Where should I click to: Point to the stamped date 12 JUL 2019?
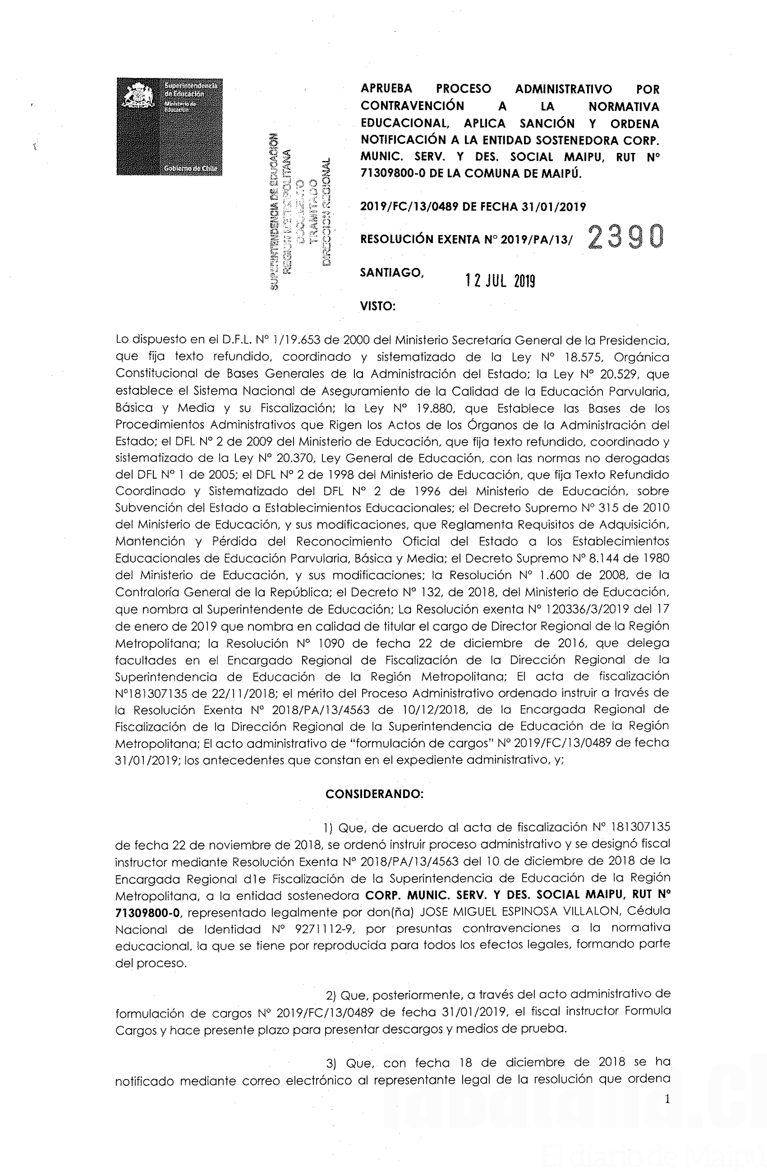coord(500,281)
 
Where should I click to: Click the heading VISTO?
coord(378,306)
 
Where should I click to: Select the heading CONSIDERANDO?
coord(374,794)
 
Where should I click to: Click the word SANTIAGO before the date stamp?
coord(392,272)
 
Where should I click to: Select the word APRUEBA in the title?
coord(386,89)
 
